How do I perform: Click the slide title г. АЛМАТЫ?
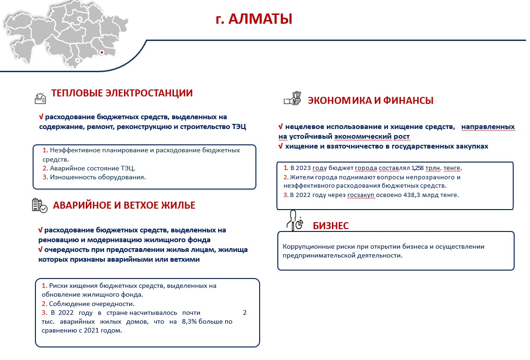pyautogui.click(x=254, y=20)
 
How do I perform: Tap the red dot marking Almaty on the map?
pyautogui.click(x=102, y=52)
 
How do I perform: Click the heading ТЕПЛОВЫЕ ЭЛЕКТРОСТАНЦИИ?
pyautogui.click(x=122, y=93)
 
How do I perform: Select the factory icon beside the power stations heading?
pyautogui.click(x=41, y=97)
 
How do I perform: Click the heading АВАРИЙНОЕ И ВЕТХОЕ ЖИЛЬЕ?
pyautogui.click(x=124, y=205)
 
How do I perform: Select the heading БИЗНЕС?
pyautogui.click(x=330, y=226)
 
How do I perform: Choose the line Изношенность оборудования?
pyautogui.click(x=97, y=177)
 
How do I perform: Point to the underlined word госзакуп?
pyautogui.click(x=361, y=195)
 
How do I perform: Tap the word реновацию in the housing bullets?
pyautogui.click(x=58, y=240)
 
